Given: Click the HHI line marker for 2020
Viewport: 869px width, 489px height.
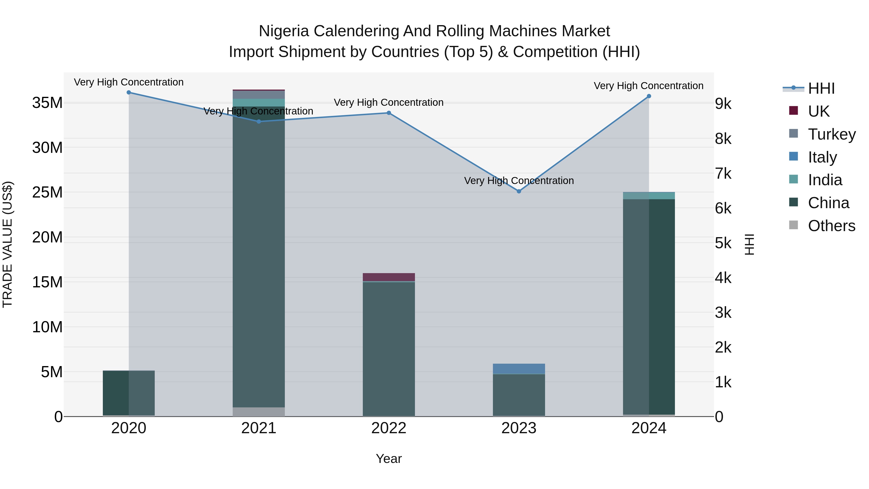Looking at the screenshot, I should pyautogui.click(x=128, y=92).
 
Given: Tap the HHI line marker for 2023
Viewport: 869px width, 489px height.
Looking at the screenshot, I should pyautogui.click(x=519, y=191).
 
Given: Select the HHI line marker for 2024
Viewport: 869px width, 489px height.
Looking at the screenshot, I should pyautogui.click(x=649, y=96).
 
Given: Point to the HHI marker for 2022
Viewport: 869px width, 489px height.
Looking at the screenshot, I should pyautogui.click(x=389, y=113).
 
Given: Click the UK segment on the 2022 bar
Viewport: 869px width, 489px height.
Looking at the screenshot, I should pyautogui.click(x=389, y=277).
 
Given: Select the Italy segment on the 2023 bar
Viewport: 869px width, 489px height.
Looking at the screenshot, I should pyautogui.click(x=519, y=369).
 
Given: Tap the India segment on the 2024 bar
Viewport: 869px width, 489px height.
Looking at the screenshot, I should pyautogui.click(x=649, y=196).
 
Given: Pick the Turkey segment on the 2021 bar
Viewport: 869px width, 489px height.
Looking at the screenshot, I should pyautogui.click(x=259, y=94).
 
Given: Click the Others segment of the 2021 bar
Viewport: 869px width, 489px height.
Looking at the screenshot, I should pyautogui.click(x=259, y=412).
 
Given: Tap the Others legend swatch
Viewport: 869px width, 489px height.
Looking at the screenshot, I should pyautogui.click(x=793, y=225).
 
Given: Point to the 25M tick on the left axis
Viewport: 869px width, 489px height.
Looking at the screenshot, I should pyautogui.click(x=47, y=192).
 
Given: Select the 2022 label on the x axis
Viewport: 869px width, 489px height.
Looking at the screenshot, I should pyautogui.click(x=389, y=428).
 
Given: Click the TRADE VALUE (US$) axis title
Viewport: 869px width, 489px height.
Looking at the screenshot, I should pyautogui.click(x=7, y=244).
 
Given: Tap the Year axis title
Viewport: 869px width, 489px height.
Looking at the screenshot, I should pyautogui.click(x=389, y=459).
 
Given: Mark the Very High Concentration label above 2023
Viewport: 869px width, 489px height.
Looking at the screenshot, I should pyautogui.click(x=519, y=181).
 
